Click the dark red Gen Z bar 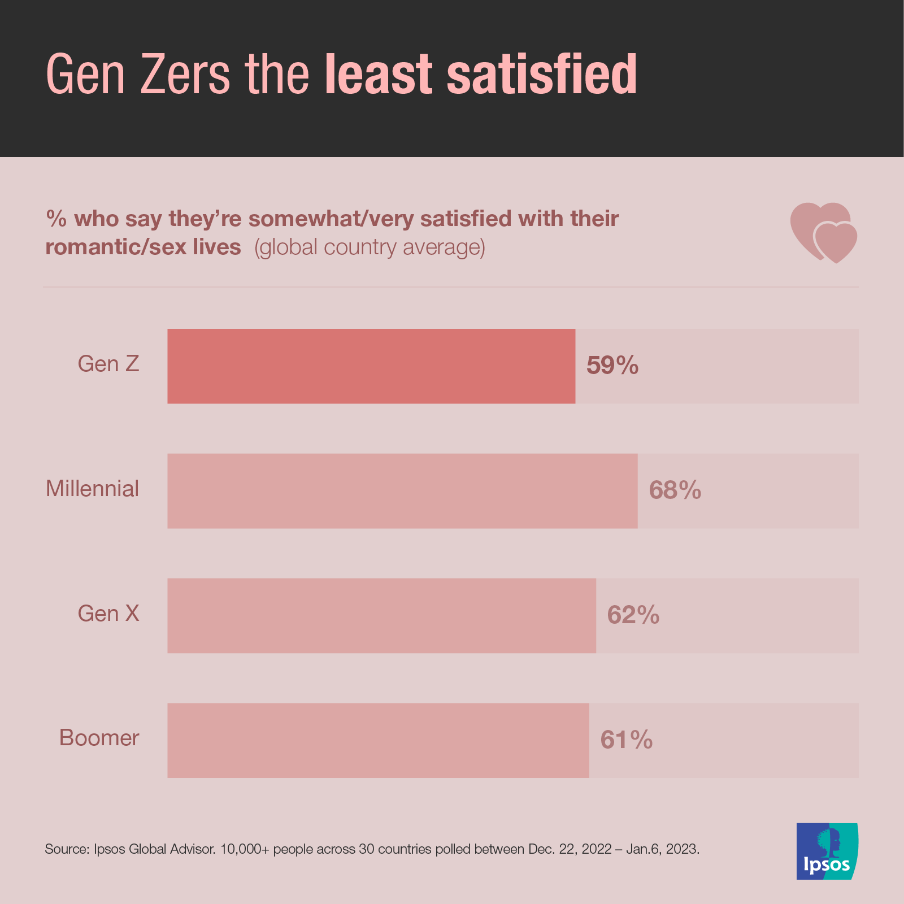(371, 366)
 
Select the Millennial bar (402, 490)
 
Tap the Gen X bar (381, 615)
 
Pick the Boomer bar (378, 740)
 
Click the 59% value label (612, 366)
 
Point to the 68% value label (675, 490)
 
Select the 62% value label (633, 615)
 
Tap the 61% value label (627, 740)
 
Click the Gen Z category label (108, 364)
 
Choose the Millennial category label (92, 489)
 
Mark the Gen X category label (108, 614)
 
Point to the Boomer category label (99, 738)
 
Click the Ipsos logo (827, 851)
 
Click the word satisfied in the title (542, 74)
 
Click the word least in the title (379, 74)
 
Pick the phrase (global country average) (370, 247)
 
